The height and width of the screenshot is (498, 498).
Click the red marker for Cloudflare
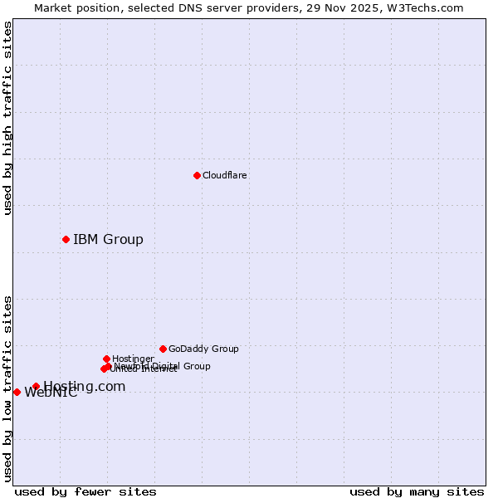[197, 175]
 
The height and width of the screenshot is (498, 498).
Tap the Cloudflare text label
[225, 176]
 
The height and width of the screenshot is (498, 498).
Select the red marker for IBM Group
[66, 239]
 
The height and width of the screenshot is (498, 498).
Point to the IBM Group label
[108, 240]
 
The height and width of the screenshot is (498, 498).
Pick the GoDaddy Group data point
[163, 349]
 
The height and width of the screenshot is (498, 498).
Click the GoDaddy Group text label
[203, 349]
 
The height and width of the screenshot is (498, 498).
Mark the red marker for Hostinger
[106, 359]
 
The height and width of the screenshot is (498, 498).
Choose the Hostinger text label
[133, 359]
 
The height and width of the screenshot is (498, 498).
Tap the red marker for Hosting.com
[36, 386]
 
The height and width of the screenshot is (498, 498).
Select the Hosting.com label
[85, 386]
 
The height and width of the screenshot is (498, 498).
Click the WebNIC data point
[17, 392]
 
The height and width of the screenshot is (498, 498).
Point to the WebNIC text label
[51, 393]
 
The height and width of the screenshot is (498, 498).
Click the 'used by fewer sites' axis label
[85, 491]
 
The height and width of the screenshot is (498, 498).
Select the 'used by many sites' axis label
[417, 491]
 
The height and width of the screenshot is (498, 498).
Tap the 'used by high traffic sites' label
[8, 118]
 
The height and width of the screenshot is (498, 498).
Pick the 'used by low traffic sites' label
[8, 388]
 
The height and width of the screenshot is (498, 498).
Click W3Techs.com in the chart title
[428, 8]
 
